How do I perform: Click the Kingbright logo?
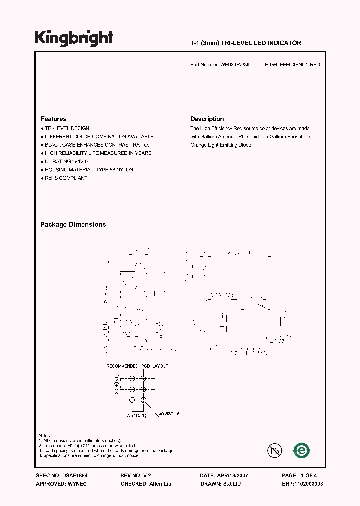click(x=74, y=38)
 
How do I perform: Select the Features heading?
click(x=53, y=119)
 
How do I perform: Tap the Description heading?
click(x=207, y=119)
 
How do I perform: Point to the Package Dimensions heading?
click(x=73, y=225)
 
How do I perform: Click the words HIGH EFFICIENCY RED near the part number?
click(x=292, y=65)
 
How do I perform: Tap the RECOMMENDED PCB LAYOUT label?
click(x=138, y=366)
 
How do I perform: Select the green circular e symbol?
click(x=301, y=450)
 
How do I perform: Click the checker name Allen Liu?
click(x=161, y=484)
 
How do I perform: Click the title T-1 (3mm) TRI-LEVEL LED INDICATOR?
click(x=245, y=43)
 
